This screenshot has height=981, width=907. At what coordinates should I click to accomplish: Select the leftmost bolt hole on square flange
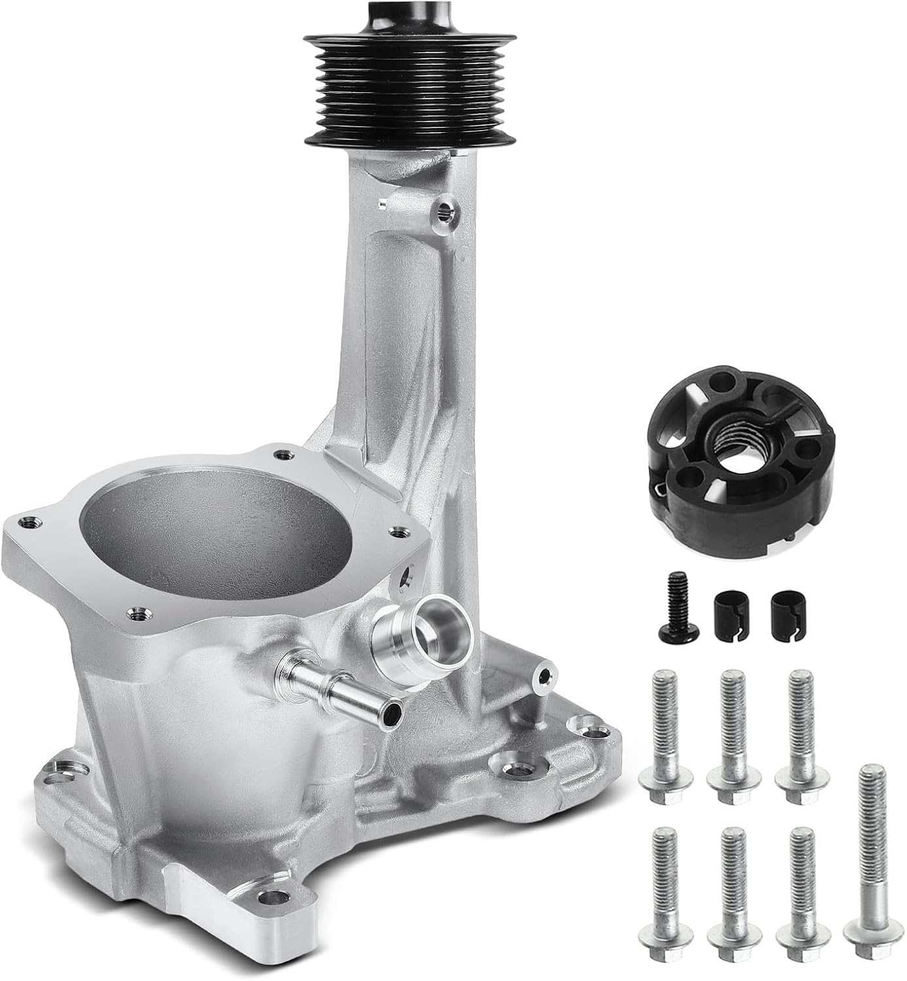point(26,522)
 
